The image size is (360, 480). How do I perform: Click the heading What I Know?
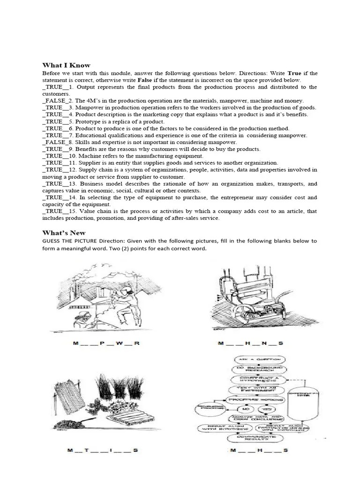click(x=66, y=65)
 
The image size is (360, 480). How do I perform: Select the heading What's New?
click(x=64, y=232)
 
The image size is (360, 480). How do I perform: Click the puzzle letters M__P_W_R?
click(x=106, y=343)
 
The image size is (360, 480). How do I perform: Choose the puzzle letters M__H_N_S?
click(x=251, y=344)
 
